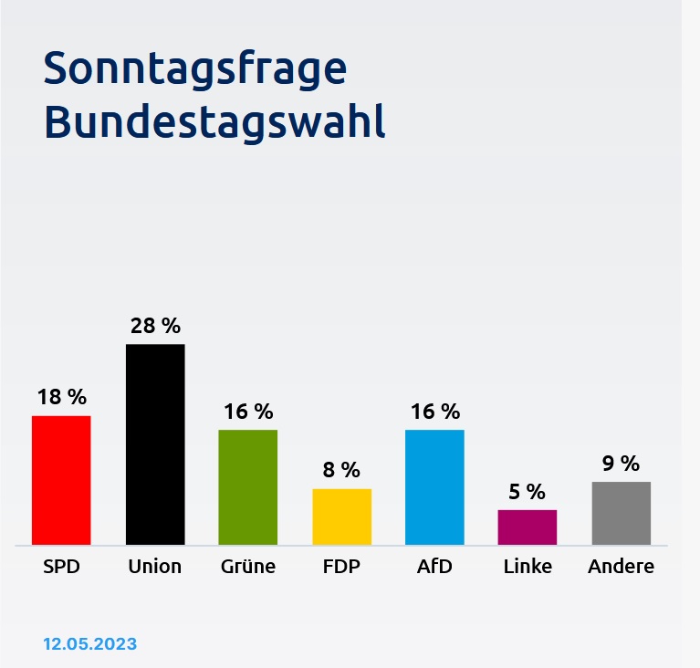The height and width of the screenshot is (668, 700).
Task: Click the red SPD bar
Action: (61, 480)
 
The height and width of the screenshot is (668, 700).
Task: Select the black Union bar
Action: (155, 444)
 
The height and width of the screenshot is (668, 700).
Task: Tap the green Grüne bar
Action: (248, 487)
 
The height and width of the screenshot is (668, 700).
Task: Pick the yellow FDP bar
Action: (342, 517)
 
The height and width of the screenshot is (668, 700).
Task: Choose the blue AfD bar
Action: (434, 487)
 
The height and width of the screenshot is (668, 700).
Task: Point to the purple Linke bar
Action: (528, 527)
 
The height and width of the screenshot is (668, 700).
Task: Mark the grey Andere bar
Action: (622, 513)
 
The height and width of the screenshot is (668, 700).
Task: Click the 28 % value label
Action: (155, 326)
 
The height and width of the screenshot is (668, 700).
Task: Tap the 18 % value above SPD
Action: (61, 397)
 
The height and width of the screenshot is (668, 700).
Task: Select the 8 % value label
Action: (342, 470)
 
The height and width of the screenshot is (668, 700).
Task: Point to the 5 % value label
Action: (528, 492)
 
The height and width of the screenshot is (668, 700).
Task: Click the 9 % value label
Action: (622, 464)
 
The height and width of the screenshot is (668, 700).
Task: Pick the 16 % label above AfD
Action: (434, 412)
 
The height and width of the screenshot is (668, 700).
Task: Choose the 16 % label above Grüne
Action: (248, 412)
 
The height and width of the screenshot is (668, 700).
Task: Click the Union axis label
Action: (155, 567)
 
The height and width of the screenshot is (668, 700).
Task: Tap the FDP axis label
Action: (342, 567)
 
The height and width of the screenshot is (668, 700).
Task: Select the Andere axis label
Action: (622, 567)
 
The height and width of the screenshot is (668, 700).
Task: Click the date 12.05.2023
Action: (89, 644)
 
